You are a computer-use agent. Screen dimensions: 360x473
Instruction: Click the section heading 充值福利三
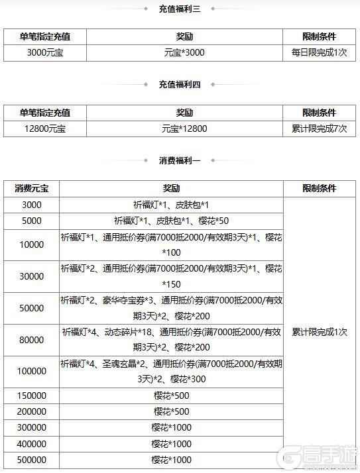(180, 9)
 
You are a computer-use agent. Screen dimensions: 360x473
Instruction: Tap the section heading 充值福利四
(180, 84)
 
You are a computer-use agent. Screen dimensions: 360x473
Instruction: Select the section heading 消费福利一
(180, 160)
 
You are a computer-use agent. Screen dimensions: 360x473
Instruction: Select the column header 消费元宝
(32, 189)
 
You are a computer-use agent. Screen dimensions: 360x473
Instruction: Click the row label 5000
(32, 221)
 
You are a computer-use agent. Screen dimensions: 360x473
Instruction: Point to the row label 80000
(32, 341)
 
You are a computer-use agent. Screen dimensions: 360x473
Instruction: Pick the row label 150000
(32, 395)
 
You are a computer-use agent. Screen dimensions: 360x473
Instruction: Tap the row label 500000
(32, 460)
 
